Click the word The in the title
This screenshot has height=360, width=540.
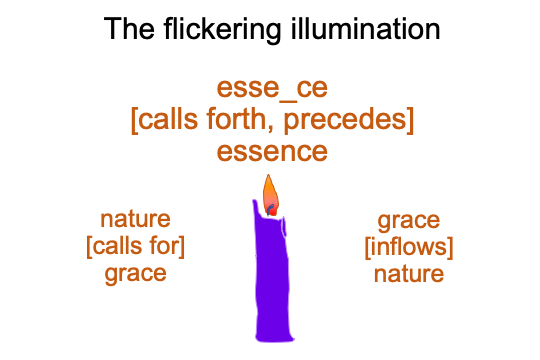(x=129, y=29)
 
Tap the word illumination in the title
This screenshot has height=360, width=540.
(x=365, y=29)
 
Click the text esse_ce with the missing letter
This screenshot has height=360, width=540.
(x=272, y=89)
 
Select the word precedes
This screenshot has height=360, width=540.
(x=345, y=120)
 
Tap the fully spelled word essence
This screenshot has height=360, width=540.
(x=272, y=152)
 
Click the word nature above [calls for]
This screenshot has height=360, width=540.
(x=135, y=219)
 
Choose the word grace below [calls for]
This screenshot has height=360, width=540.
(x=135, y=275)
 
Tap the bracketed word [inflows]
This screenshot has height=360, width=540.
(x=409, y=247)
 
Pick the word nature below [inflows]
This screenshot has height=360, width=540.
(x=409, y=274)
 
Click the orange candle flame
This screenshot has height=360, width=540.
(x=270, y=196)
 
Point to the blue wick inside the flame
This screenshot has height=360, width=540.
(x=270, y=209)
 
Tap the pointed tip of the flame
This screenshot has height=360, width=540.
(x=268, y=175)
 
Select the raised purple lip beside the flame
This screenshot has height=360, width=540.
(x=256, y=207)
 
